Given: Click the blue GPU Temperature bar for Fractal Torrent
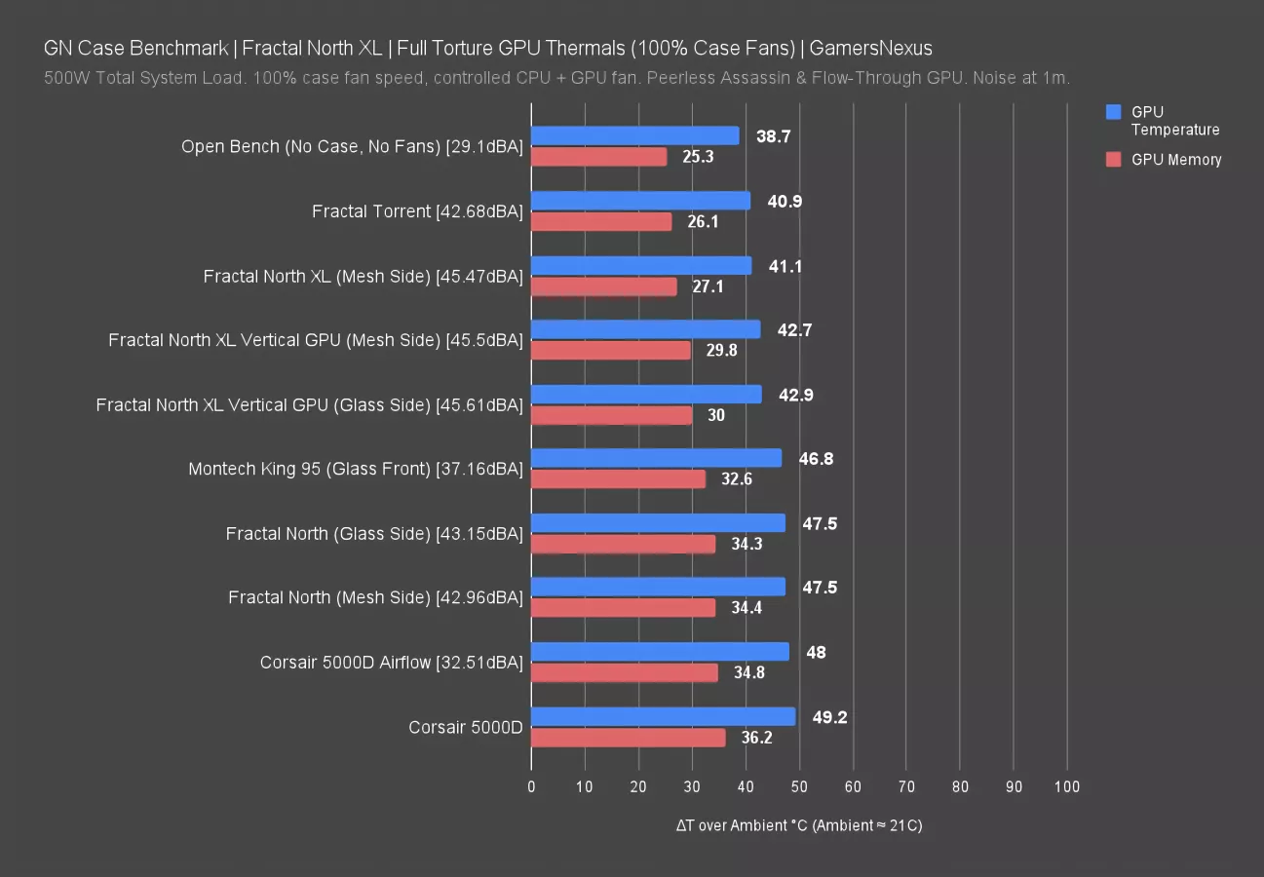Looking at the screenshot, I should click(640, 201).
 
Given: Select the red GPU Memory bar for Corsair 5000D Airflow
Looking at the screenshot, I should click(624, 672).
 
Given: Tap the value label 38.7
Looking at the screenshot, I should click(773, 136).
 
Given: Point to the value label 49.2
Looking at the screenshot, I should click(829, 717).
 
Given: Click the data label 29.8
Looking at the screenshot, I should click(721, 351).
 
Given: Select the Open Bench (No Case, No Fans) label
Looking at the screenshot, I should click(352, 147).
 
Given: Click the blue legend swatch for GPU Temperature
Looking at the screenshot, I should click(1114, 113).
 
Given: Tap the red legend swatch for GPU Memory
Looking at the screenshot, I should click(1114, 160).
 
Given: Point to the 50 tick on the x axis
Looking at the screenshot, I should click(799, 787).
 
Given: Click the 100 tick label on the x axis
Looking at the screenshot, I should click(1066, 787).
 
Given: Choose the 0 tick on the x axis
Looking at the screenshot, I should click(531, 787).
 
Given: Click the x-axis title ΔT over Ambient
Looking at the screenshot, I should click(799, 826).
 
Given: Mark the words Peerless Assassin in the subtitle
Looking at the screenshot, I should click(731, 78).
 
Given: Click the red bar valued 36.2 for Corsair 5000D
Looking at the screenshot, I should click(628, 738).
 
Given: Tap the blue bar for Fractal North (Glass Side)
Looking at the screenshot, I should click(658, 523).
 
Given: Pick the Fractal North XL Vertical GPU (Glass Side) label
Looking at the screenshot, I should click(309, 405).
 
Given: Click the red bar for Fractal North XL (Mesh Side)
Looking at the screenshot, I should click(603, 286).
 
